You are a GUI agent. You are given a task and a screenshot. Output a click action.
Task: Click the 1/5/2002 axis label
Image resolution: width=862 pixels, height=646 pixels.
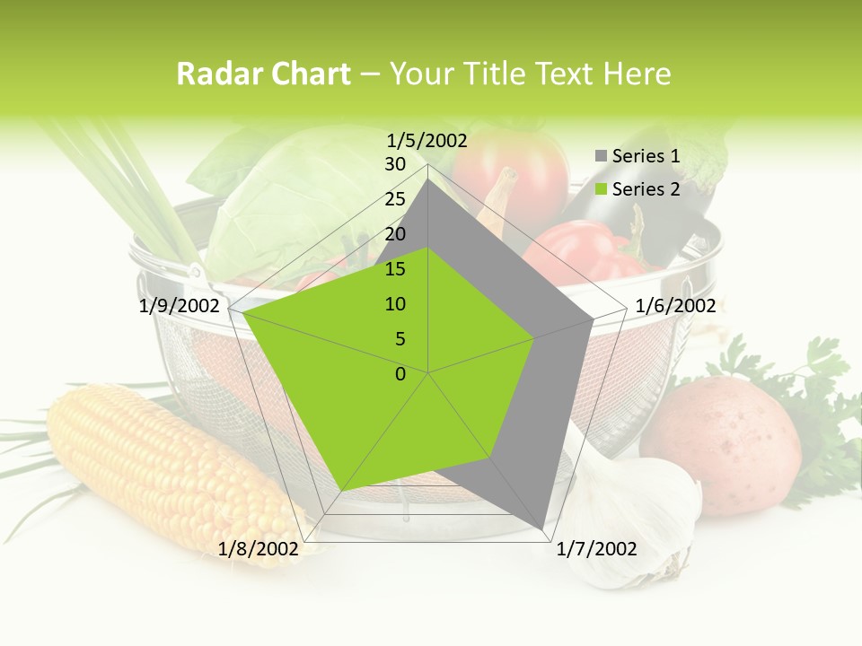(x=427, y=140)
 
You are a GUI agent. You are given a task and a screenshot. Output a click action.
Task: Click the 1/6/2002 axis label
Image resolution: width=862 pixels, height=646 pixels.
(x=675, y=306)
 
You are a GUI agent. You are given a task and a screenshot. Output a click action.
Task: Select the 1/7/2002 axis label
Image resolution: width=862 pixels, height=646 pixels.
(x=596, y=549)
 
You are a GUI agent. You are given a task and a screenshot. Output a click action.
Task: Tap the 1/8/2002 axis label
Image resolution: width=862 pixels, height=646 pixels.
(x=258, y=549)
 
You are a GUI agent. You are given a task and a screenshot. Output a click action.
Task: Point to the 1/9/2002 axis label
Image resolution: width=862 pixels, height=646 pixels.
(x=179, y=306)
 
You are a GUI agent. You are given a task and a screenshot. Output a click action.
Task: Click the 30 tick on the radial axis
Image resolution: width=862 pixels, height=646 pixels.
(x=395, y=164)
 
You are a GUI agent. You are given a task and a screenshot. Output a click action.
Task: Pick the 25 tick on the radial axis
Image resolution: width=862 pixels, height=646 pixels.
(x=395, y=199)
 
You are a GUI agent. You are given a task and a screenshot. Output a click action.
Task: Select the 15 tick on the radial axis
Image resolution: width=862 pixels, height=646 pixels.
(x=395, y=269)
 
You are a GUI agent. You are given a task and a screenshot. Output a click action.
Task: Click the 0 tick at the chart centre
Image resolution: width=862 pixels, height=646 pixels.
(x=400, y=374)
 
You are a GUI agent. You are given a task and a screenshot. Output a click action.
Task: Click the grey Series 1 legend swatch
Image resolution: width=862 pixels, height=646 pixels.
(x=601, y=157)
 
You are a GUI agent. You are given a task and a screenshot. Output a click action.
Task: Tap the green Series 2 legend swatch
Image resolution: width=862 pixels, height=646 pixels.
(x=601, y=189)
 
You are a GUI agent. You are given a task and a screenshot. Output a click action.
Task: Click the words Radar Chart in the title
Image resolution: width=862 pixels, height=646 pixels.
(x=263, y=74)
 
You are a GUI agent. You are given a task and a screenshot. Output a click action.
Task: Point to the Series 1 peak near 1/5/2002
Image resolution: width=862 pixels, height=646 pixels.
(x=428, y=179)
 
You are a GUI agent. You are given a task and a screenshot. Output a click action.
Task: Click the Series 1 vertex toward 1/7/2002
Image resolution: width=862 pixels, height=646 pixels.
(x=543, y=528)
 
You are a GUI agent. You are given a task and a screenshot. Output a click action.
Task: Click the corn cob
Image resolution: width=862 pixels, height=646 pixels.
(x=171, y=467)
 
